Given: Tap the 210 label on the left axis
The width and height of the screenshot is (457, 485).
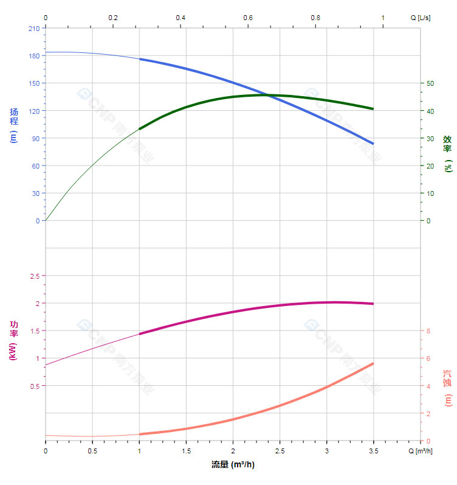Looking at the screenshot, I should click(34, 28).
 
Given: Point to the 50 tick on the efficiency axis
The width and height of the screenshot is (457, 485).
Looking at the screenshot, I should click(430, 83).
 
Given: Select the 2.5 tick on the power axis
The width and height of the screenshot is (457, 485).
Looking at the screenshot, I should click(34, 276).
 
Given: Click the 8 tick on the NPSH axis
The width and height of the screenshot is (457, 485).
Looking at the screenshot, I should click(428, 331).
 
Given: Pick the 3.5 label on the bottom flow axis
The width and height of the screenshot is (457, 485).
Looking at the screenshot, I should click(374, 451).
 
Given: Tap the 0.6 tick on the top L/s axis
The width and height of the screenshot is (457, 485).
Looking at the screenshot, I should click(248, 18).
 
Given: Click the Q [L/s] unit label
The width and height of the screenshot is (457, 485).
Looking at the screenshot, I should click(420, 18).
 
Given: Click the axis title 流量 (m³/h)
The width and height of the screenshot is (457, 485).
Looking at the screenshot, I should click(233, 464).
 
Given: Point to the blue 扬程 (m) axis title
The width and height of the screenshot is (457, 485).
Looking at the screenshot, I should click(14, 125).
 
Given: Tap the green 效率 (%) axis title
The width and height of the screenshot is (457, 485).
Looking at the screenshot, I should click(447, 152).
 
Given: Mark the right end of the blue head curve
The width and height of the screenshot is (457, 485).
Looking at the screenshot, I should click(373, 144).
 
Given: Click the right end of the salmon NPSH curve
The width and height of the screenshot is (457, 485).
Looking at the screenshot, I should click(373, 363).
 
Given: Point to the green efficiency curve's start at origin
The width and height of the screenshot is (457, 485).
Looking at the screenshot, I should click(46, 220).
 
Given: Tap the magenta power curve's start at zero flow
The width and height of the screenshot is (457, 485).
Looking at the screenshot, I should click(46, 365).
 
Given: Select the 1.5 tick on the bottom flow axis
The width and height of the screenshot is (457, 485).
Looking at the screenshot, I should click(186, 451).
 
